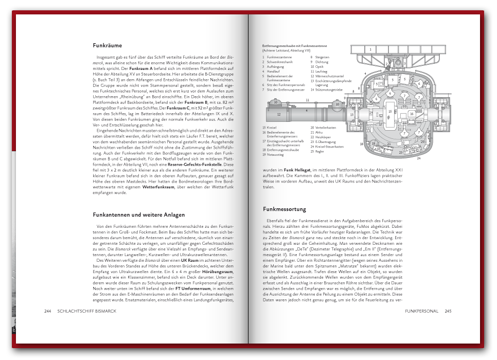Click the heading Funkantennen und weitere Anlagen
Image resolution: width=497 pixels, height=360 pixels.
coord(138,214)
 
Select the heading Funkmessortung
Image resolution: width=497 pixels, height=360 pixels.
coord(285,209)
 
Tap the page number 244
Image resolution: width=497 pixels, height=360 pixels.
coord(48,311)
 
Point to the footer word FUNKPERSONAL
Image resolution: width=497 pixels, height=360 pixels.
coord(421,311)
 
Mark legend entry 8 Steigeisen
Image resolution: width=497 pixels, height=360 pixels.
coord(323,57)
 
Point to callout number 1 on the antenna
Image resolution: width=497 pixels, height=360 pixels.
coord(370,49)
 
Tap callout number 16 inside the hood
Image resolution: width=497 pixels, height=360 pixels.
coord(412,113)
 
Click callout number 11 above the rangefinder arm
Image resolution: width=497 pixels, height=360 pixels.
coord(307,100)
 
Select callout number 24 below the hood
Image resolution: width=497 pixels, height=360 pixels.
coord(418,158)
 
